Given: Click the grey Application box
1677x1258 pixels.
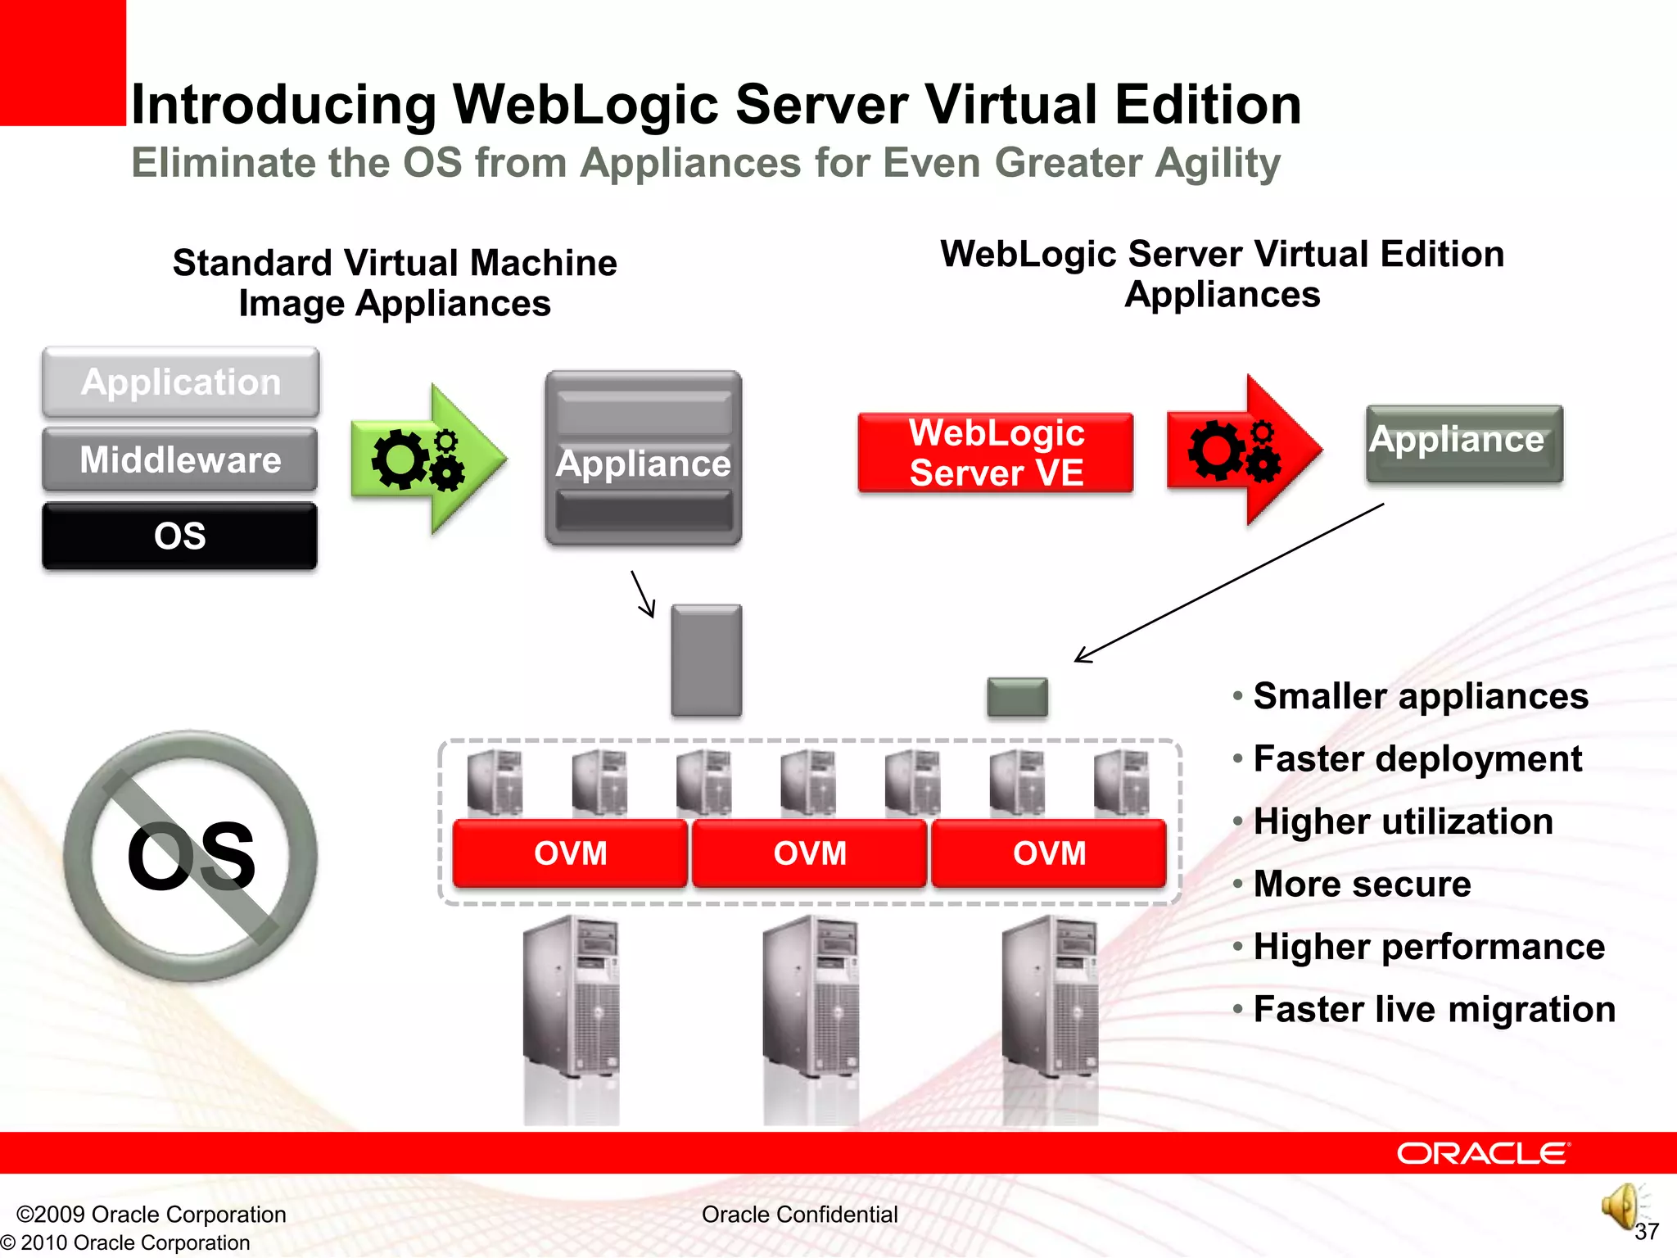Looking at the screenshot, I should tap(181, 382).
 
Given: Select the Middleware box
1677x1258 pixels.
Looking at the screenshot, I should tap(180, 459).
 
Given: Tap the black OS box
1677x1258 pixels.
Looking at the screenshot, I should tap(180, 536).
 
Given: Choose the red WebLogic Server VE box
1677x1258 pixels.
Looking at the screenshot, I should tap(996, 453).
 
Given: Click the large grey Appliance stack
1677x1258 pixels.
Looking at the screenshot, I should tap(644, 459).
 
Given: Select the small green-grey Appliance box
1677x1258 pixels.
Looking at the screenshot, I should tap(1464, 442).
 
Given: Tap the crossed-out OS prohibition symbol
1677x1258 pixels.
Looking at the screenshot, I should tap(191, 856).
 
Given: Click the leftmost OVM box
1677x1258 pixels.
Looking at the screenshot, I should tap(571, 853).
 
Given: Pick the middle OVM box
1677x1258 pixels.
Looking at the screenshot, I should tap(810, 853).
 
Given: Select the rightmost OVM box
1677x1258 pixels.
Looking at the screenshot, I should tap(1049, 853).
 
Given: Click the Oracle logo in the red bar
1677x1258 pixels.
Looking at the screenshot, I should tap(1483, 1153).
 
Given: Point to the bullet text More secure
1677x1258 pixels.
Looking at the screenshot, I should tap(1363, 884).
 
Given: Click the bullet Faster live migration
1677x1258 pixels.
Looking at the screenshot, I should tap(1435, 1009).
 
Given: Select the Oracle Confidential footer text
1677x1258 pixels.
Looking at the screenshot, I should tap(799, 1214).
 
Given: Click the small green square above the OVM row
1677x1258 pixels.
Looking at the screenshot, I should tap(1017, 697).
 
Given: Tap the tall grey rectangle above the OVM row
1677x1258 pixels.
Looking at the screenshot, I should tap(706, 660).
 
